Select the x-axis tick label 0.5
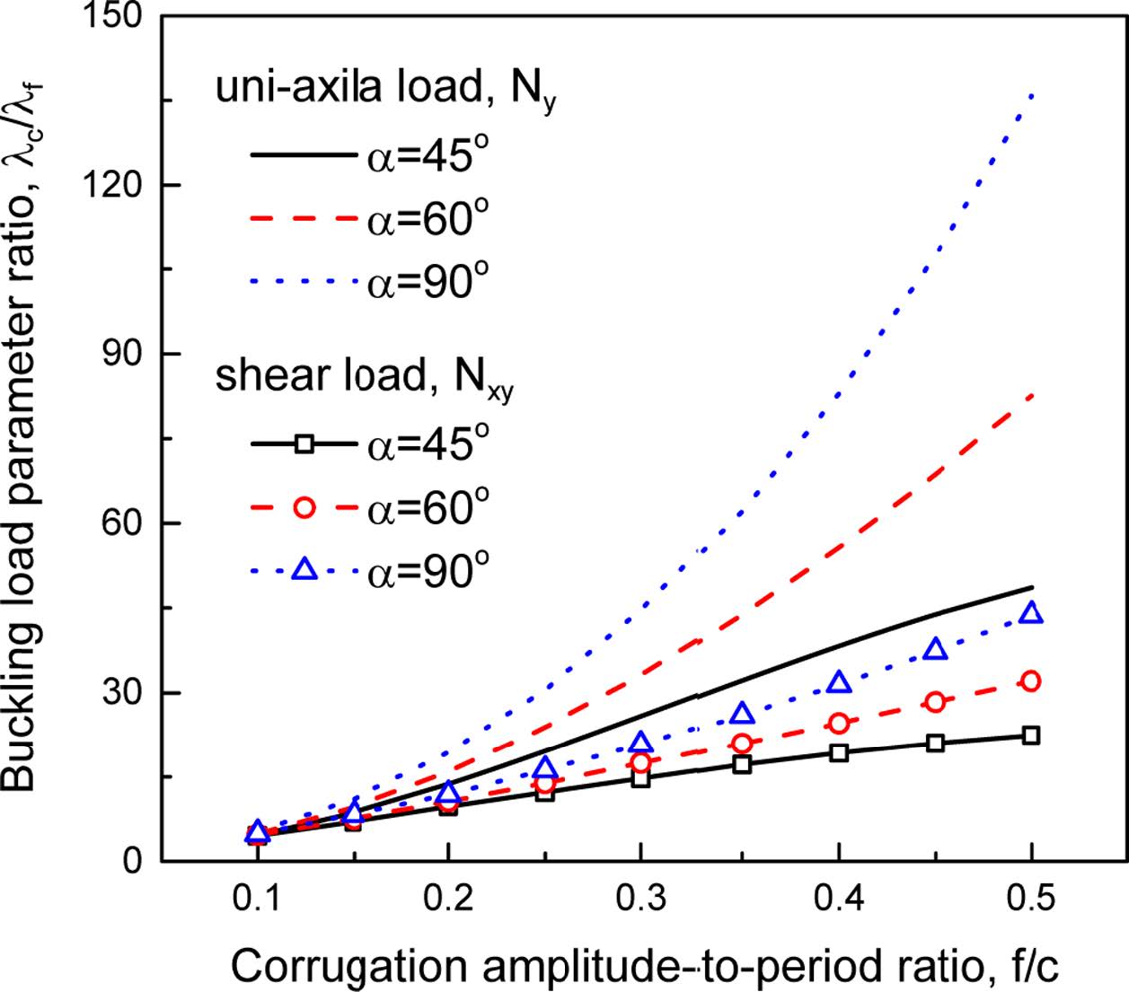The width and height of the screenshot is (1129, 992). (1032, 897)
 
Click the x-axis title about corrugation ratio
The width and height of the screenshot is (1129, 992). (645, 967)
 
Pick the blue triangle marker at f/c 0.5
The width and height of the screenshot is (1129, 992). (1032, 613)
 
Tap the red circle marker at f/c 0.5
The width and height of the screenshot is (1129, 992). (1032, 681)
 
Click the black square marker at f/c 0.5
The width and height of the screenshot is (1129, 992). (1032, 735)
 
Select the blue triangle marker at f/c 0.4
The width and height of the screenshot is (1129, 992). (838, 682)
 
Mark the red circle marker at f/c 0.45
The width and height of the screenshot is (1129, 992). (936, 702)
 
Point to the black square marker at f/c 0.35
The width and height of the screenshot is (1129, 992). (742, 764)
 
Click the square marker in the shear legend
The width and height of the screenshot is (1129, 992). (304, 443)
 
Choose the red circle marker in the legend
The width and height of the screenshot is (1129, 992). (304, 507)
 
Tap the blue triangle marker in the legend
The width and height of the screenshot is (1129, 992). (304, 569)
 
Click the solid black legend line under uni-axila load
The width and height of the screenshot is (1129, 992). (303, 156)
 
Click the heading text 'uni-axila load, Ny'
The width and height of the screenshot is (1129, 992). (384, 91)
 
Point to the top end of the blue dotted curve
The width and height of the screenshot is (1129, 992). (1033, 92)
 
